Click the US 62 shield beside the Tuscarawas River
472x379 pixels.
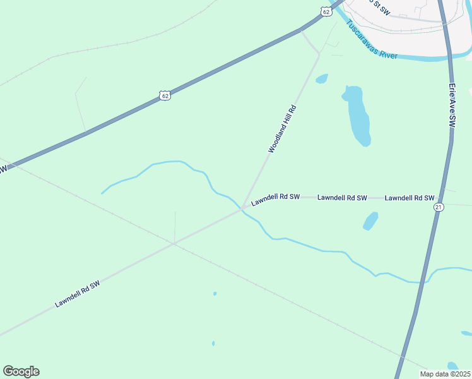coord(326,11)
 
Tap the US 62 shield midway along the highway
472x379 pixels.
coord(165,95)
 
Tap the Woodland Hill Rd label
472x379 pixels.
coord(282,129)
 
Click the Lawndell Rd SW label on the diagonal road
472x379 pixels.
coord(78,294)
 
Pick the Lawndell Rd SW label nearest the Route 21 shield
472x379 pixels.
coord(410,198)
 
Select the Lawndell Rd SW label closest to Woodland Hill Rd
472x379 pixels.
coord(275,200)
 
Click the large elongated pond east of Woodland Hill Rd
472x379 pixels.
coord(357,115)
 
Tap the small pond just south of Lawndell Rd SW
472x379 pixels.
coord(370,221)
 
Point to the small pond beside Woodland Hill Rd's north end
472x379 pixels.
coord(322,79)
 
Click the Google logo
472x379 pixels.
coord(21,371)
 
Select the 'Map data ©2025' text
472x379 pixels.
coord(444,373)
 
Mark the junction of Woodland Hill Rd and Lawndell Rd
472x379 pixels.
coord(244,208)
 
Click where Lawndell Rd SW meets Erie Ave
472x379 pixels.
coord(437,198)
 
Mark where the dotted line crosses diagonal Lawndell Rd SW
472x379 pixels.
coord(174,243)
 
